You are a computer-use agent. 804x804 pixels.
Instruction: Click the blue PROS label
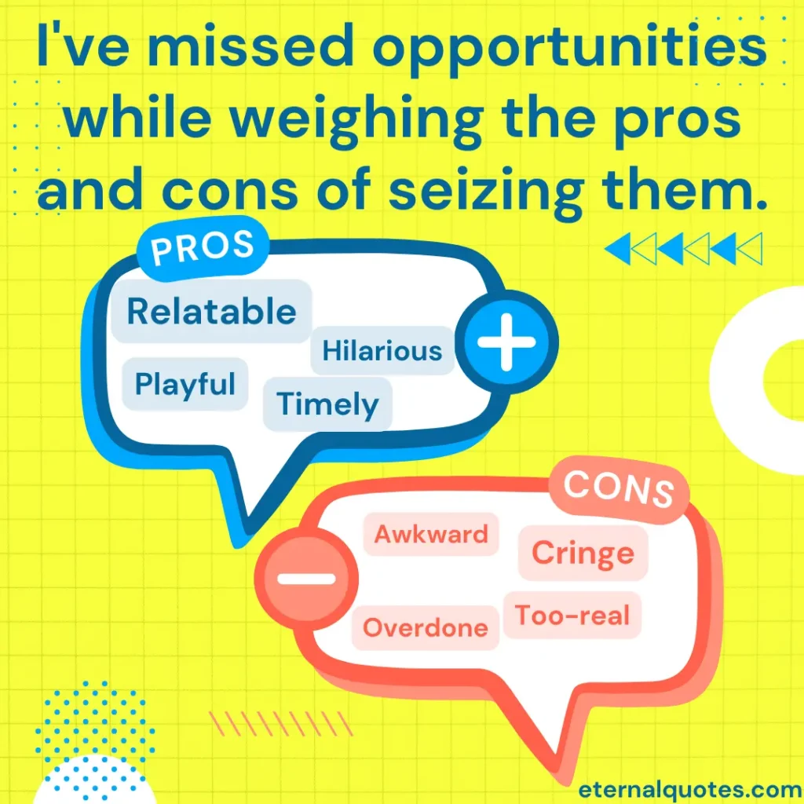pos(203,248)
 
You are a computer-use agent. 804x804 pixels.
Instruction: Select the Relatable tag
pos(211,311)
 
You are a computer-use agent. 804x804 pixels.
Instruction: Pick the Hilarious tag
pos(382,351)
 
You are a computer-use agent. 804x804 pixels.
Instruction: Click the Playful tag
pos(185,384)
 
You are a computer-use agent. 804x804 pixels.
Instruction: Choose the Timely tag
pos(327,404)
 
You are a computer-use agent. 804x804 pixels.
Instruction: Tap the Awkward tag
pos(431,534)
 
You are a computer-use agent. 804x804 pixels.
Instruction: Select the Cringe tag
pos(583,553)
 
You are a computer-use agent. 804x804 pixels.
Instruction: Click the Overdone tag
pos(425,627)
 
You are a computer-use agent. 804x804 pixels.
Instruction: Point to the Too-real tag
pos(572,616)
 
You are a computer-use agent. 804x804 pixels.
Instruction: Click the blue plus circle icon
pos(506,342)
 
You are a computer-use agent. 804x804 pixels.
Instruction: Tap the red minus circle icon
pos(307,579)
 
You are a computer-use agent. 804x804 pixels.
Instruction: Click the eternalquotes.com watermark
pos(690,790)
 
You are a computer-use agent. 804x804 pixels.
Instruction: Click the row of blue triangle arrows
pos(684,249)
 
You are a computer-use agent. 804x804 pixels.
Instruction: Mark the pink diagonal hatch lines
pos(281,723)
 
